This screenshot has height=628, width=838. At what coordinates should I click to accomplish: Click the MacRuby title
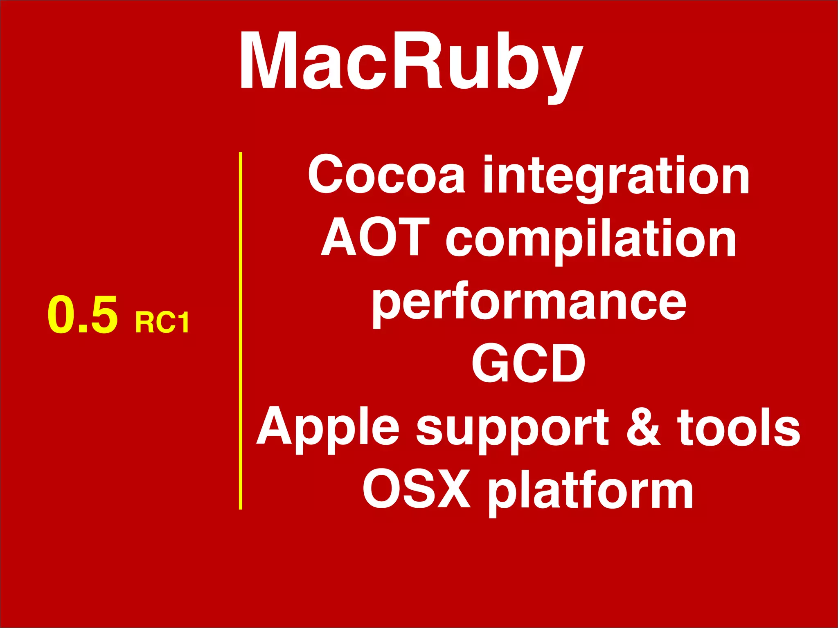[411, 61]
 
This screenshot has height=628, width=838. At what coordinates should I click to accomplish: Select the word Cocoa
[387, 175]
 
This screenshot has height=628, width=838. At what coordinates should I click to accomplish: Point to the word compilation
[591, 239]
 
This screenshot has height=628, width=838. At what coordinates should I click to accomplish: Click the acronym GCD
[528, 363]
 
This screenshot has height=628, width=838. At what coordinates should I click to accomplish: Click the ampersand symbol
[643, 427]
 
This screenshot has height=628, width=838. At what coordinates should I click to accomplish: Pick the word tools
[738, 427]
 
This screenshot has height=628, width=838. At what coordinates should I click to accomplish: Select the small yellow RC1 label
[162, 323]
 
